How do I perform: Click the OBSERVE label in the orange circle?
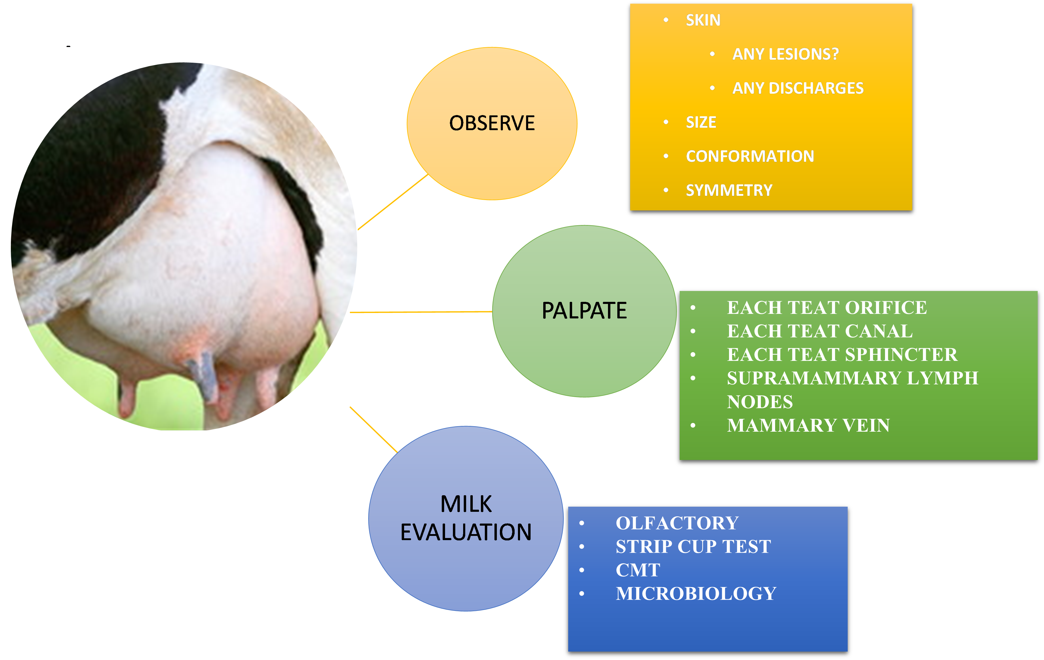pos(492,123)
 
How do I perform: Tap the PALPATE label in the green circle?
pos(584,311)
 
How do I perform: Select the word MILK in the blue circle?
pos(466,504)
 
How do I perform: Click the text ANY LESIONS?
pos(785,54)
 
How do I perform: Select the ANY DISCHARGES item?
pos(798,88)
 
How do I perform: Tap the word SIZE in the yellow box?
pos(701,122)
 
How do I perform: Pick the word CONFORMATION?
pos(749,156)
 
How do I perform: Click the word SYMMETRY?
pos(729,190)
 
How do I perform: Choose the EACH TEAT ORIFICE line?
pos(827,308)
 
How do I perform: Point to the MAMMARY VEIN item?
pos(808,425)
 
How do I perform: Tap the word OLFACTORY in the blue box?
pos(677,523)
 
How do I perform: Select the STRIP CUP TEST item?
pos(693,546)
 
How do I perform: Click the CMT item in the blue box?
pos(638,570)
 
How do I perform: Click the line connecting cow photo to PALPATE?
pos(421,312)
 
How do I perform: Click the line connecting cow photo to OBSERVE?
pos(392,202)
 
